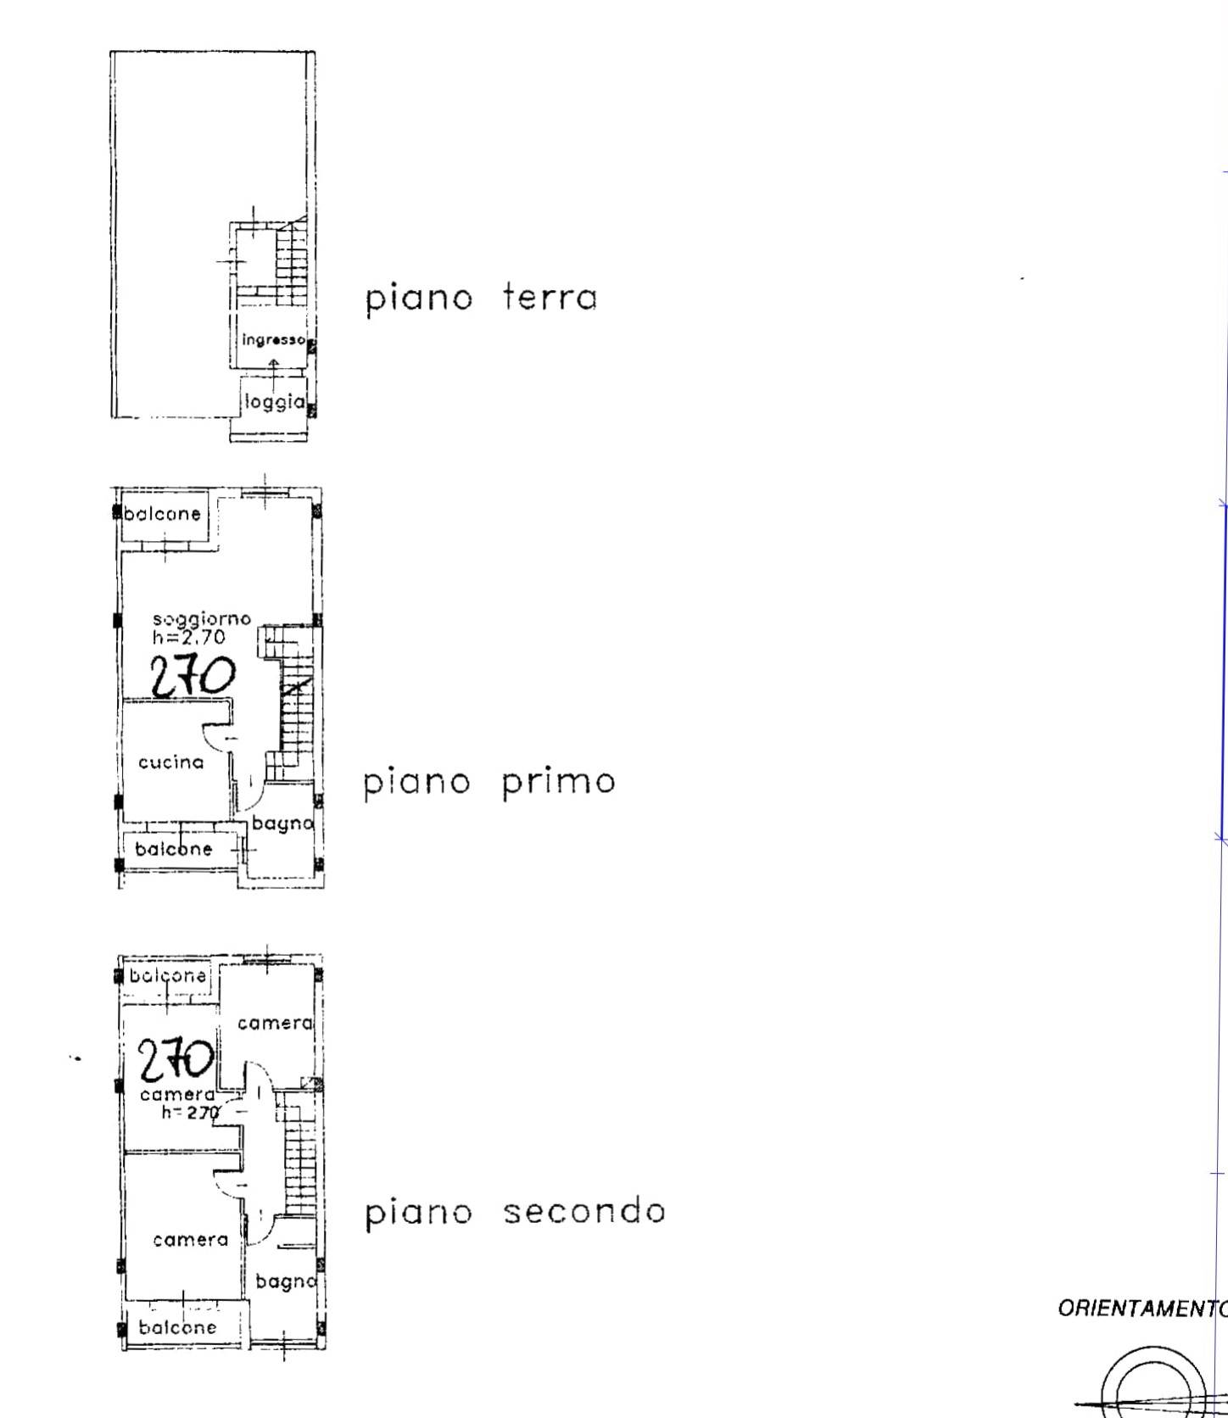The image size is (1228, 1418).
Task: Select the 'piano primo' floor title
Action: tap(489, 782)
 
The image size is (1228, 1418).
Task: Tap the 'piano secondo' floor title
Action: tap(515, 1211)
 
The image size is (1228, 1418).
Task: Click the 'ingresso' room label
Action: tap(273, 340)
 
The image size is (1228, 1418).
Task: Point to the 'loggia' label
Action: tap(274, 402)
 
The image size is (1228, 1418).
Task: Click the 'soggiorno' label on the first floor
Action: tap(202, 619)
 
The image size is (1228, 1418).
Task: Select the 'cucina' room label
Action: tap(171, 762)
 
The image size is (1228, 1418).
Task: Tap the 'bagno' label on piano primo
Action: tap(282, 823)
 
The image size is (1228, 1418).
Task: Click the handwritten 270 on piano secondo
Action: tap(176, 1059)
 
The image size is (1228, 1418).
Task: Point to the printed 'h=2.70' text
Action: tap(189, 637)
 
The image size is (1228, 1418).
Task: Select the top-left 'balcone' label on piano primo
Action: tap(163, 513)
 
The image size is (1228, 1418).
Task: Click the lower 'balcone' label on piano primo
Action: tap(174, 849)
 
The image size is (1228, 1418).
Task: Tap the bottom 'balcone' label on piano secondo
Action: tap(177, 1327)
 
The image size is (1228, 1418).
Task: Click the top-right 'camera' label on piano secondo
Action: tap(275, 1024)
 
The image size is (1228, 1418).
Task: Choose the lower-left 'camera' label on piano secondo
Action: tap(191, 1240)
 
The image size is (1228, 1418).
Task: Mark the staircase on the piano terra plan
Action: tap(289, 261)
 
